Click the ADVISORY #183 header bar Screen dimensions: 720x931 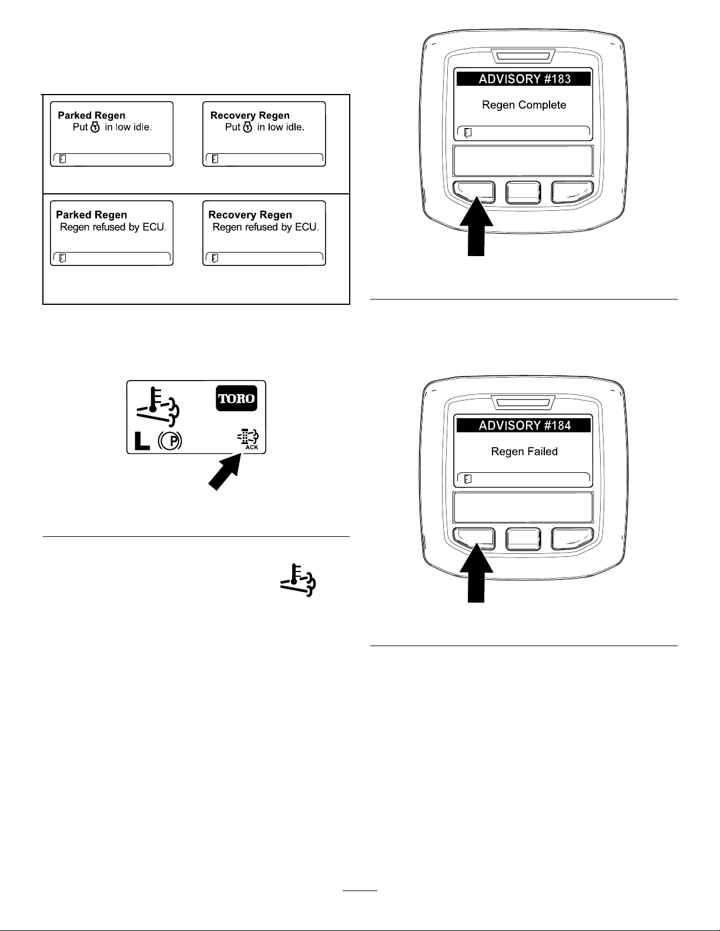click(x=523, y=79)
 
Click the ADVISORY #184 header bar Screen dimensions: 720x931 click(x=523, y=425)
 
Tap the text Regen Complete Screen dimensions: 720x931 click(x=524, y=105)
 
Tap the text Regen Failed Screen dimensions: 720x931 click(x=524, y=452)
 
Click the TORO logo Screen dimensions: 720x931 click(x=236, y=398)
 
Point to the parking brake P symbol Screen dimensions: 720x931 click(x=170, y=441)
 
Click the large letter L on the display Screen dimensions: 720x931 click(x=142, y=441)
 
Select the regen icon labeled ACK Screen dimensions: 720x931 click(x=248, y=439)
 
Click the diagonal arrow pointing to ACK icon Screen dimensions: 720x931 click(x=224, y=473)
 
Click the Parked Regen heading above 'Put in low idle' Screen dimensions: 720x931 click(x=92, y=115)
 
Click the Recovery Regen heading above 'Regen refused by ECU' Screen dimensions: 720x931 click(x=250, y=214)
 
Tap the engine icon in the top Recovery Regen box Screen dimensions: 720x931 click(x=247, y=127)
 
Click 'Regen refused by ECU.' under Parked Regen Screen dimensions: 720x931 click(x=113, y=227)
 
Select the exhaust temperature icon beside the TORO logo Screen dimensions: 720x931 click(x=158, y=406)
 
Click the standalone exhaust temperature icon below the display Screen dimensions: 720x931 click(x=299, y=580)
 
